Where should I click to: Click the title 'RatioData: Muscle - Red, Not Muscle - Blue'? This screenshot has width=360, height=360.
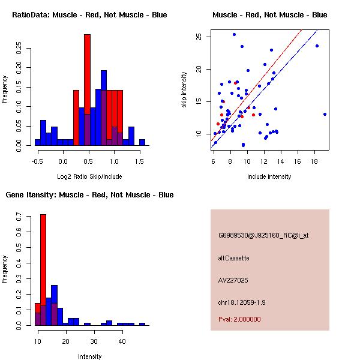click(x=89, y=14)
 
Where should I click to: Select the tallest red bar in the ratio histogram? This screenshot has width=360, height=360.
click(x=87, y=89)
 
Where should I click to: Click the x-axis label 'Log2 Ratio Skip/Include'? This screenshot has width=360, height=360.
click(x=89, y=176)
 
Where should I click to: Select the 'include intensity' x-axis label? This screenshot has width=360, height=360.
click(x=269, y=176)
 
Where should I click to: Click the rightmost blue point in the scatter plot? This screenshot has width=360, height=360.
click(x=325, y=114)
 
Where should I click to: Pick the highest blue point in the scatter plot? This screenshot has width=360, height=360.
click(x=234, y=34)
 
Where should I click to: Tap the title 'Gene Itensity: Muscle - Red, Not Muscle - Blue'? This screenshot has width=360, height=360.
click(x=89, y=194)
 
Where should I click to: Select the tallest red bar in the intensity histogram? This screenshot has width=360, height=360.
click(x=43, y=269)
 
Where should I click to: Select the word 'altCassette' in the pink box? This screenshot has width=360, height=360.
click(x=233, y=258)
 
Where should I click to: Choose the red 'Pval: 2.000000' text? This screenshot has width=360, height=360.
click(x=239, y=319)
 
